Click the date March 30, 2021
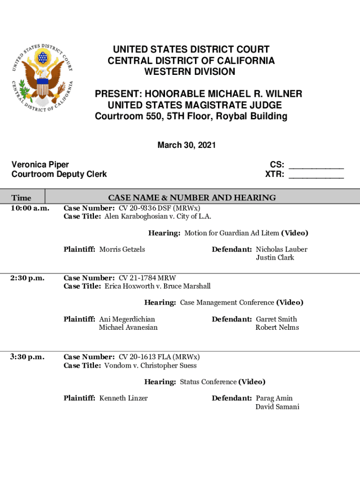(x=187, y=145)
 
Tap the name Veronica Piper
(x=40, y=165)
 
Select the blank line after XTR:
(x=316, y=175)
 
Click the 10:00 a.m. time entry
(x=30, y=208)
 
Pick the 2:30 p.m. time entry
(x=28, y=278)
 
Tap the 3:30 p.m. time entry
(x=28, y=357)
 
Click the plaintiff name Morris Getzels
(x=122, y=249)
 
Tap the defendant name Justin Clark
(x=275, y=258)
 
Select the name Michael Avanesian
(x=128, y=327)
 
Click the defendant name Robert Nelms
(x=277, y=327)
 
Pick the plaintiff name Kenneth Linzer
(x=123, y=398)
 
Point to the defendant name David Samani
(x=277, y=406)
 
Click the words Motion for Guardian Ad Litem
(x=231, y=233)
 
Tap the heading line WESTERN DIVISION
(x=189, y=72)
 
